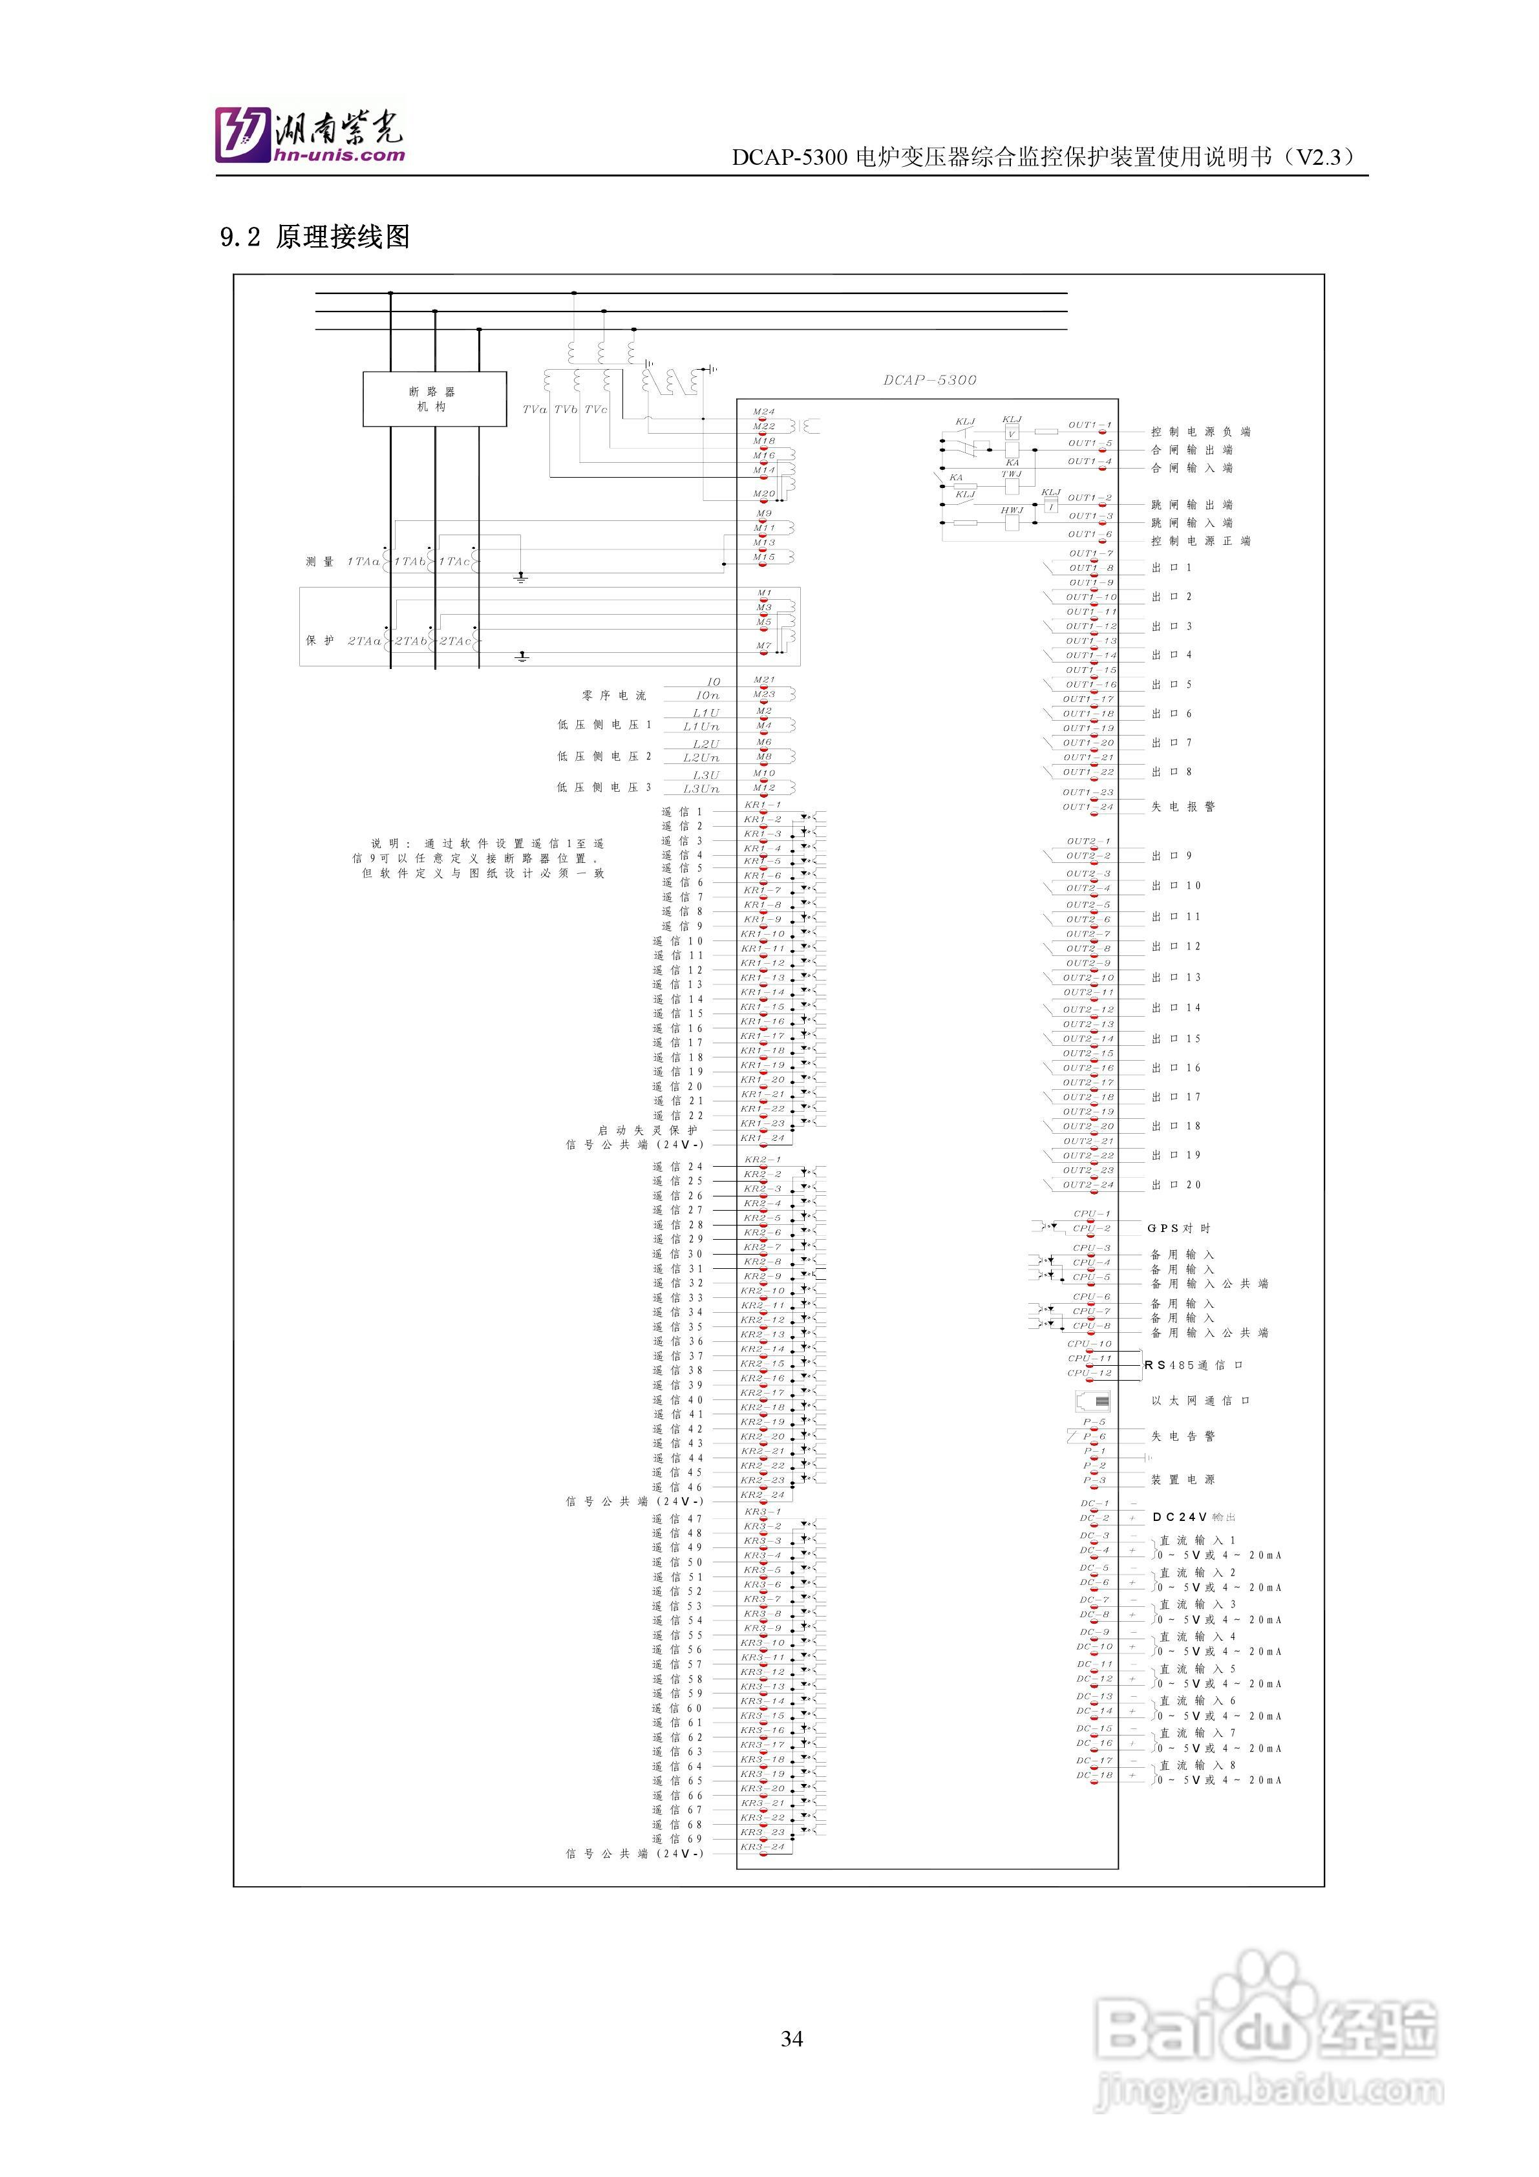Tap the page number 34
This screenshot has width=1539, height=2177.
point(792,2039)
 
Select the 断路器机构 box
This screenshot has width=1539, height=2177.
point(434,399)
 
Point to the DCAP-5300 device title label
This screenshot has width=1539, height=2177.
point(929,380)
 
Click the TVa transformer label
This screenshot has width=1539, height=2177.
point(535,410)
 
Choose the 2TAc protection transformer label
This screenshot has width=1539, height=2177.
point(455,641)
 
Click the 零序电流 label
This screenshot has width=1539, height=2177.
point(613,696)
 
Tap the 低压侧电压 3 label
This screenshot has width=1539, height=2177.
point(604,787)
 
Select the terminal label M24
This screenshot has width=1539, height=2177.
point(763,412)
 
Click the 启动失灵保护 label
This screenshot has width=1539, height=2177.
point(648,1131)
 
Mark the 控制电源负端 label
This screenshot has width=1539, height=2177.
point(1200,431)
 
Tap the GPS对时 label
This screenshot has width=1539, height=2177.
point(1179,1228)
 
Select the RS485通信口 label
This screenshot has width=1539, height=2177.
point(1193,1365)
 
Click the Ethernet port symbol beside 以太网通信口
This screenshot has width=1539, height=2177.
point(1093,1401)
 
